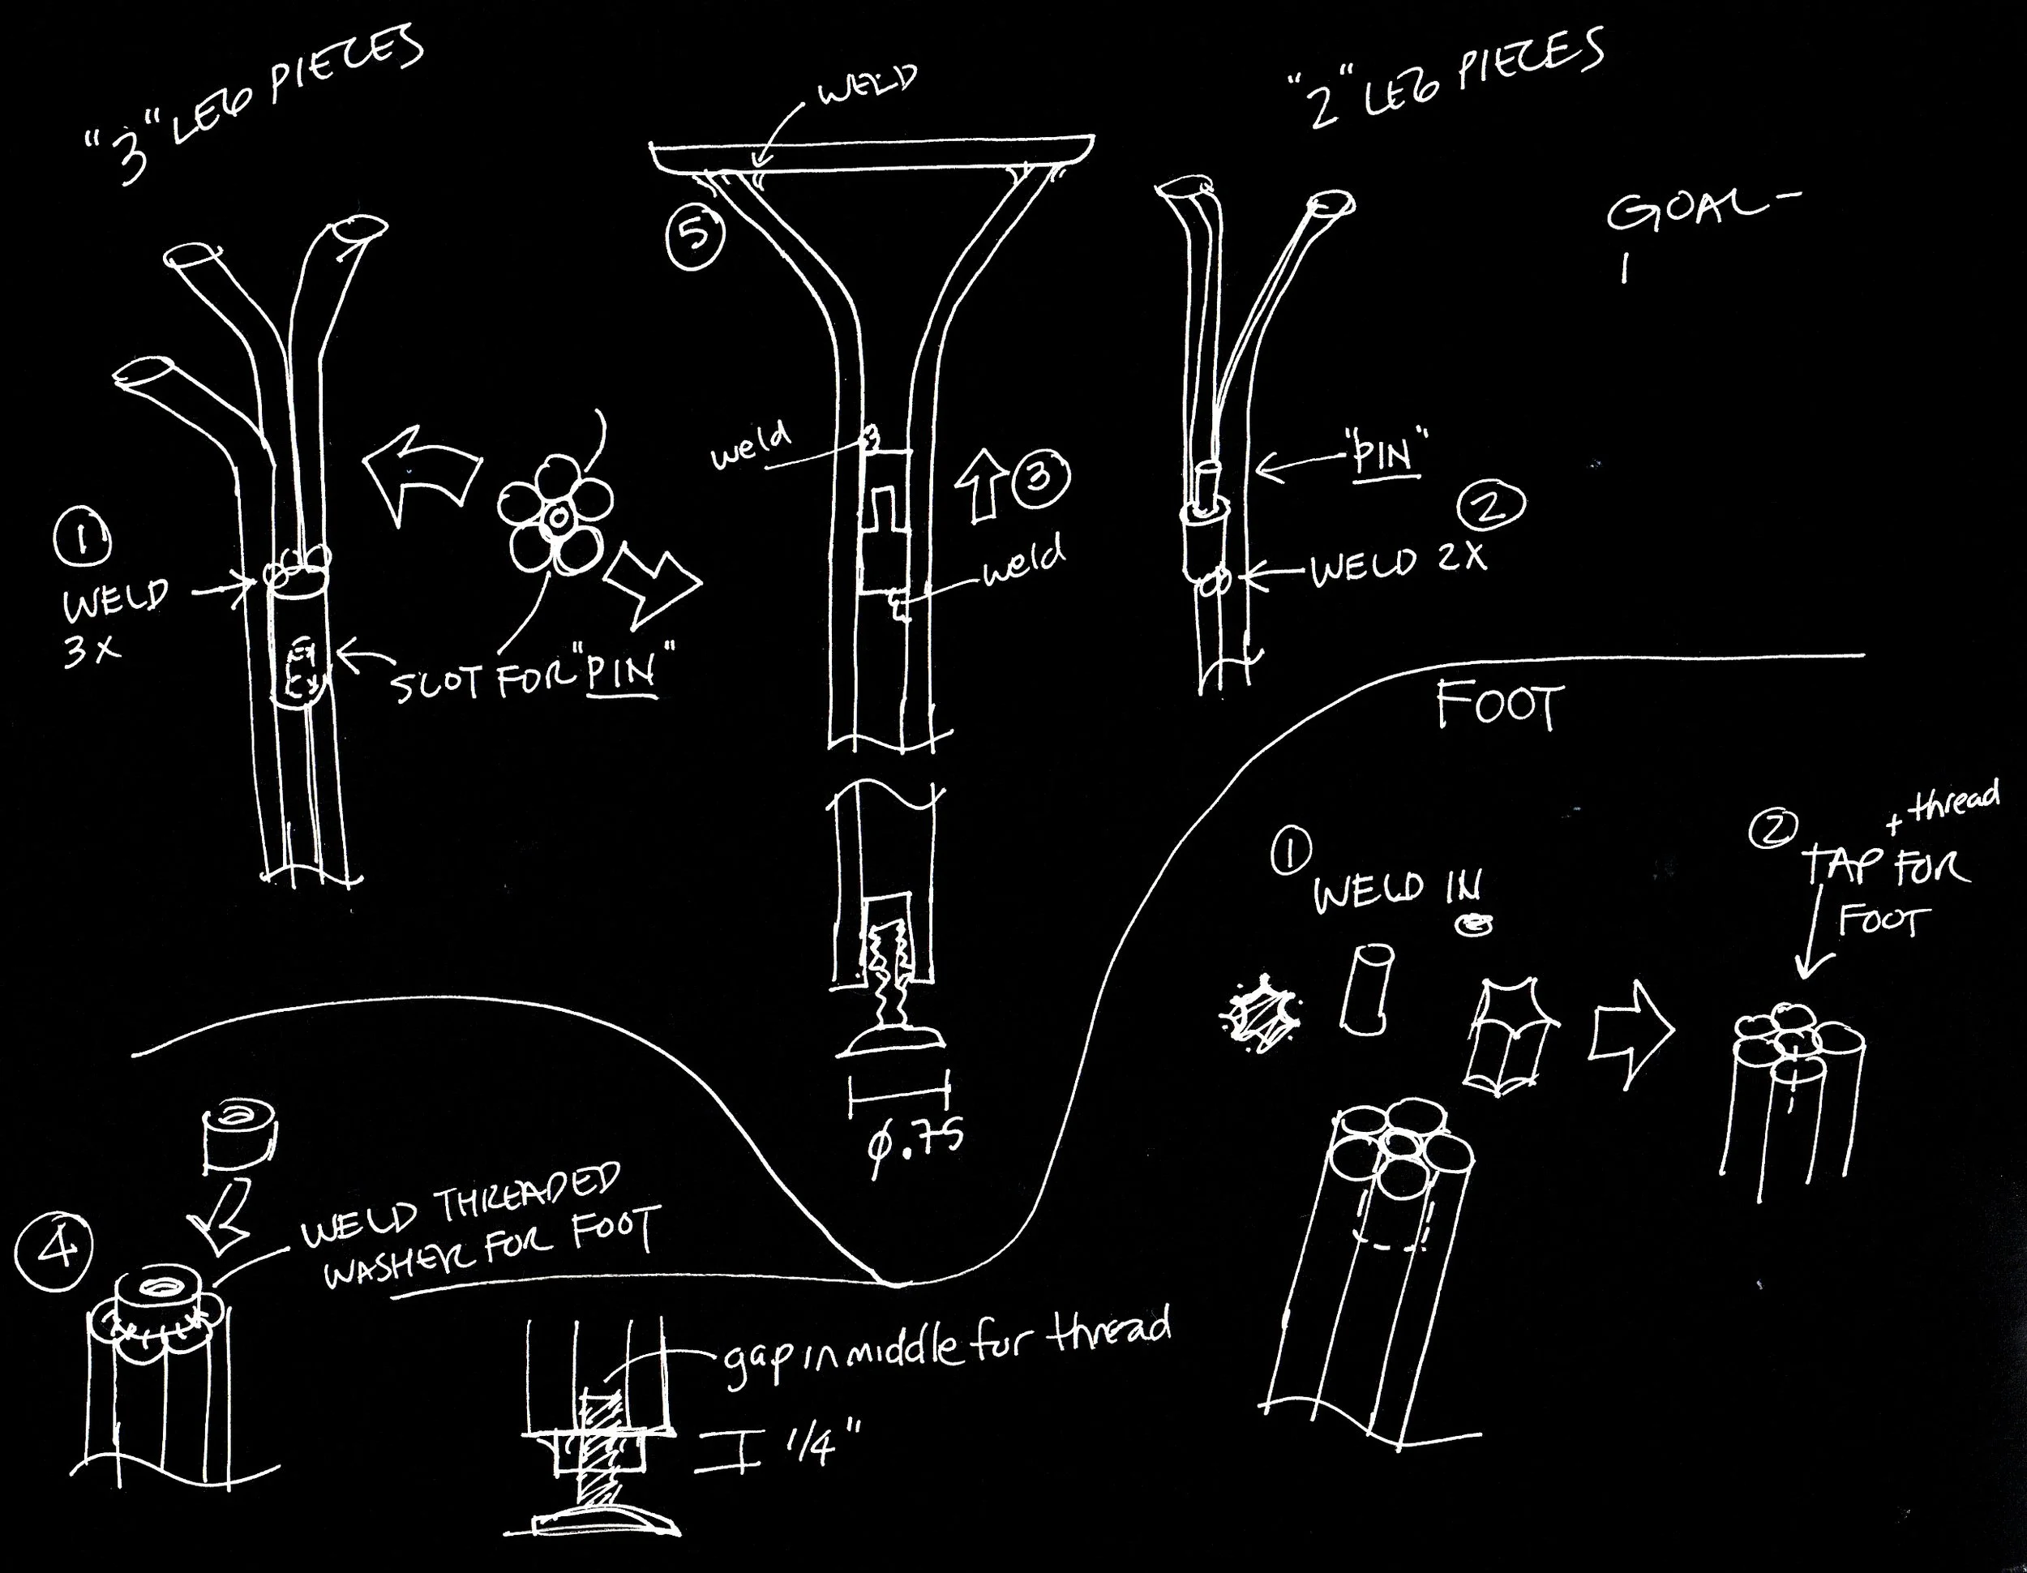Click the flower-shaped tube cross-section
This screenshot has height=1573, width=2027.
pos(554,515)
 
